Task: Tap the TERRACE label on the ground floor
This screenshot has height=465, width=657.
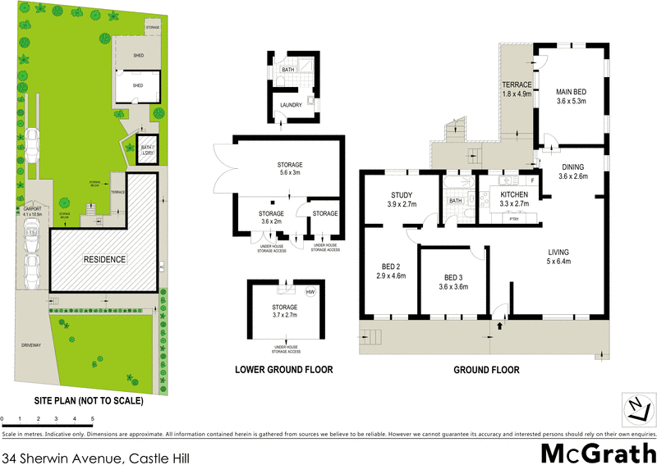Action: tap(517, 84)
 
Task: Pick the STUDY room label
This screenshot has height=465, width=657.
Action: tap(401, 194)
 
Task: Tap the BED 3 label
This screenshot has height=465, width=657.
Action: tap(453, 276)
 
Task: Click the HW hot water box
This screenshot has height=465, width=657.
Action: tap(310, 292)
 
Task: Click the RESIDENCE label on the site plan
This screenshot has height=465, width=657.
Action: tap(103, 259)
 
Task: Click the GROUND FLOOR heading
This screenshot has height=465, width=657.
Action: tap(486, 370)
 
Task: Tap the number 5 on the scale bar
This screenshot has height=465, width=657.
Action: tap(93, 419)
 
